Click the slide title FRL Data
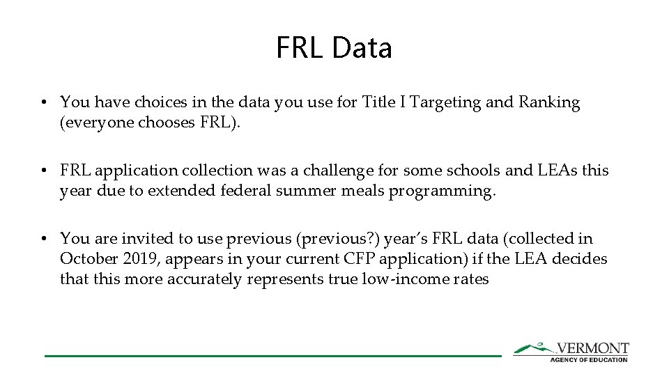point(334,48)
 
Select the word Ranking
point(549,103)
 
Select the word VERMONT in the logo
point(593,348)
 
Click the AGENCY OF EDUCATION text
point(589,359)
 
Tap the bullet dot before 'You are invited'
point(43,239)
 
